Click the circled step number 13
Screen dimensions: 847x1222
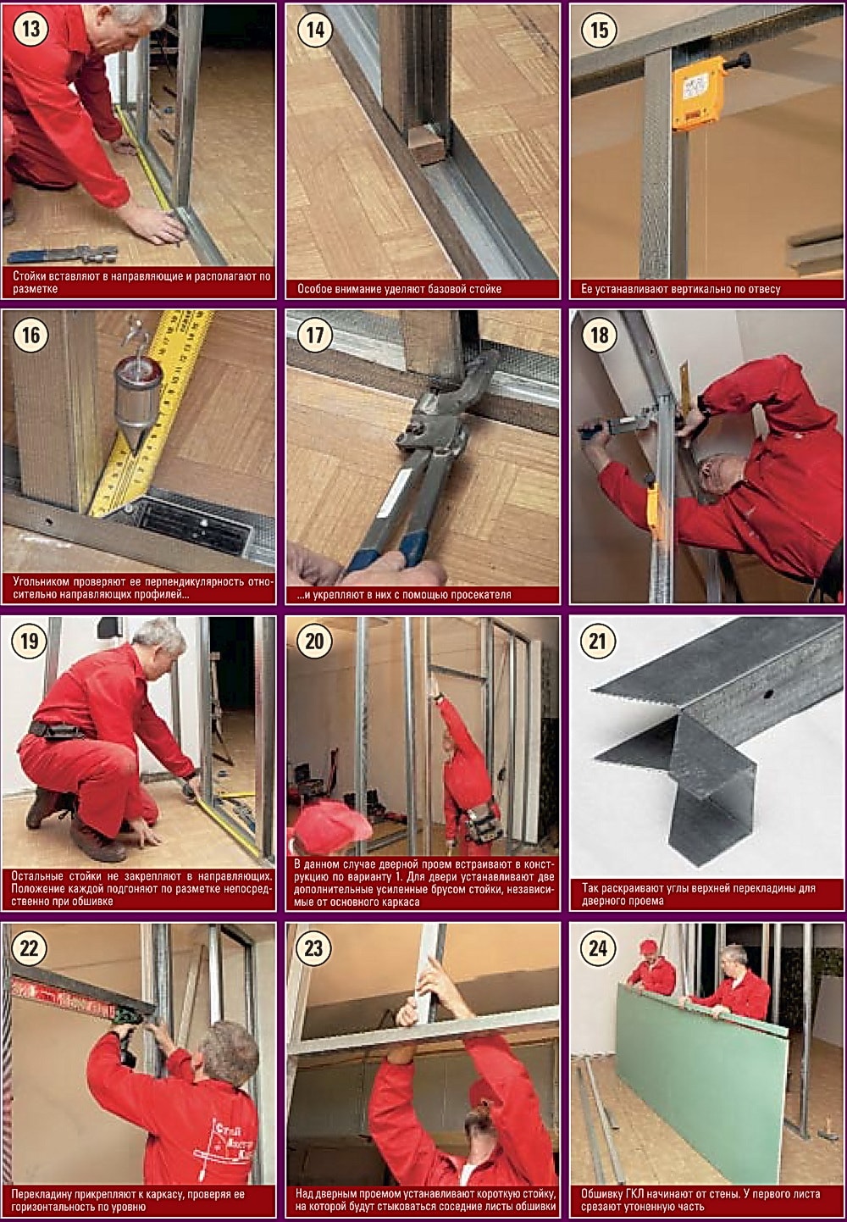(x=31, y=28)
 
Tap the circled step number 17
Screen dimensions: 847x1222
(x=315, y=334)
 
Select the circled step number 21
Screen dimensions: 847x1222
(x=598, y=641)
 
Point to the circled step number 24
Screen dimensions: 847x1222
(x=598, y=947)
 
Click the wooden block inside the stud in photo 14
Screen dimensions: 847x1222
(x=426, y=145)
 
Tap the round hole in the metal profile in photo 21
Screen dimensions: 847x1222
(x=767, y=694)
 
